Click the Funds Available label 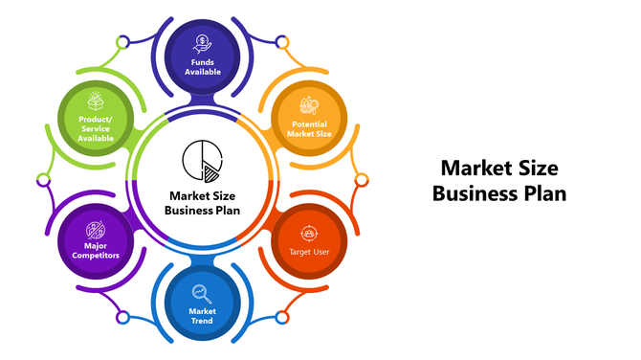click(x=202, y=67)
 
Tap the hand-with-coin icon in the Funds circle click(x=202, y=43)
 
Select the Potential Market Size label click(x=308, y=129)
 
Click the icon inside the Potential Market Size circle click(x=308, y=106)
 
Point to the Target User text click(x=308, y=252)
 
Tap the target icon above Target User click(x=308, y=232)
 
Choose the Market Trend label click(x=202, y=315)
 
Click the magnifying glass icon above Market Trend click(x=202, y=292)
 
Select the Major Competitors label click(x=96, y=252)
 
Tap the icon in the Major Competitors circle click(x=96, y=229)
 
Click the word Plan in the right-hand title click(x=545, y=193)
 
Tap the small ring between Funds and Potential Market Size click(x=281, y=42)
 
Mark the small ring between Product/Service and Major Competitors click(x=43, y=179)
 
